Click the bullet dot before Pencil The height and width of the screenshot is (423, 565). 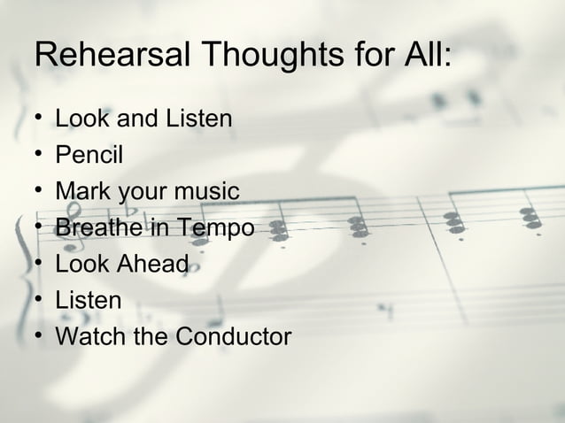click(x=40, y=155)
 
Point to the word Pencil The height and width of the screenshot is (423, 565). click(x=89, y=155)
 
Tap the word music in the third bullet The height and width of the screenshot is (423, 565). click(x=207, y=191)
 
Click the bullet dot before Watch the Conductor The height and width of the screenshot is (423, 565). click(x=40, y=336)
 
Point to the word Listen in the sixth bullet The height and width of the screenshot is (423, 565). click(x=89, y=300)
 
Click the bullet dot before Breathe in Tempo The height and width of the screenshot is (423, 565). click(x=40, y=227)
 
